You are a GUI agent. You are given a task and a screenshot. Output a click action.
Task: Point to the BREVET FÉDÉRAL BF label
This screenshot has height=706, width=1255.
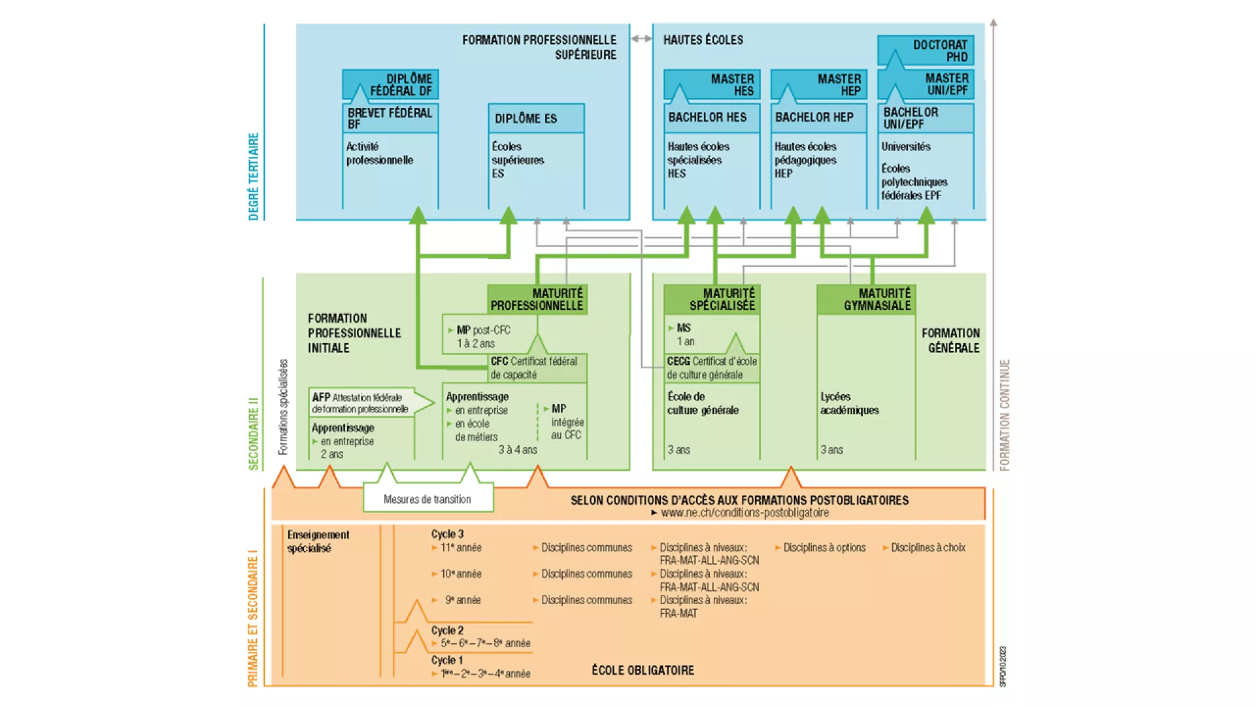click(x=390, y=118)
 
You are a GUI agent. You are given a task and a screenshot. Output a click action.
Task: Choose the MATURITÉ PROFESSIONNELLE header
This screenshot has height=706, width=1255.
click(x=537, y=299)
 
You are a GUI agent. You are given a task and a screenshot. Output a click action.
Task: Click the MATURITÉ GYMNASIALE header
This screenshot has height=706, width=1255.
click(x=867, y=299)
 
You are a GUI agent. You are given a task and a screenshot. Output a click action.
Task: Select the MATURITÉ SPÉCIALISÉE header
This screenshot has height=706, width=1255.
click(x=712, y=299)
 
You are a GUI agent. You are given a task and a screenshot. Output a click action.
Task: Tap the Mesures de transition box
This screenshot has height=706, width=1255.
click(x=427, y=499)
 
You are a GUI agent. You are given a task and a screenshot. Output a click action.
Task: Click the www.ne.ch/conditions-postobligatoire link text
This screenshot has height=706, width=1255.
click(x=744, y=513)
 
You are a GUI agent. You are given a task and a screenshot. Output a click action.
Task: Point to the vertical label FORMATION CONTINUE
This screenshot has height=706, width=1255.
click(x=1005, y=414)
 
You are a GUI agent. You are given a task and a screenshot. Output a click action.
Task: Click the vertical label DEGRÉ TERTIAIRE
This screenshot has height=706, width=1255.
click(x=254, y=176)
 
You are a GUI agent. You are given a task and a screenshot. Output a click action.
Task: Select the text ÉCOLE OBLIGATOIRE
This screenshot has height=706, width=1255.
click(x=643, y=670)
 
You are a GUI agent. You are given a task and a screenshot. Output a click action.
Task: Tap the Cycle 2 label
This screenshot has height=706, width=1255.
click(x=447, y=630)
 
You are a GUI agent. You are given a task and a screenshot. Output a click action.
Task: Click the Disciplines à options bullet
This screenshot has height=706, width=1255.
click(x=824, y=548)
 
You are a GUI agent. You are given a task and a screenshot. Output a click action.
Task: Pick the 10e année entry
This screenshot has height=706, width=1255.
click(x=460, y=574)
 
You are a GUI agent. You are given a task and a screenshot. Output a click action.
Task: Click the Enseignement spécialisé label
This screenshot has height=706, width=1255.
click(x=318, y=541)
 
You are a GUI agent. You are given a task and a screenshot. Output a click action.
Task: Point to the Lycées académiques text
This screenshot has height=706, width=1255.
click(x=849, y=403)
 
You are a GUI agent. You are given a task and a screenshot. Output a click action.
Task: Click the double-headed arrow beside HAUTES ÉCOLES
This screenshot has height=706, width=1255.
click(x=641, y=39)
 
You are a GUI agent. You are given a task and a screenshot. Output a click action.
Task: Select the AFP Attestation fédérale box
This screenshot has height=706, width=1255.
click(x=363, y=403)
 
